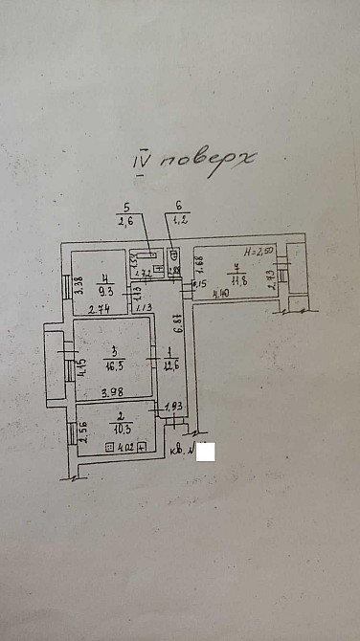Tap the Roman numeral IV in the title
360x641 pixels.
[x=144, y=161]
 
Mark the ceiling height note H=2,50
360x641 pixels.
[x=258, y=251]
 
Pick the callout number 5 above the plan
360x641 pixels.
[x=125, y=208]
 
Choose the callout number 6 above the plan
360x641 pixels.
[x=178, y=208]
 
